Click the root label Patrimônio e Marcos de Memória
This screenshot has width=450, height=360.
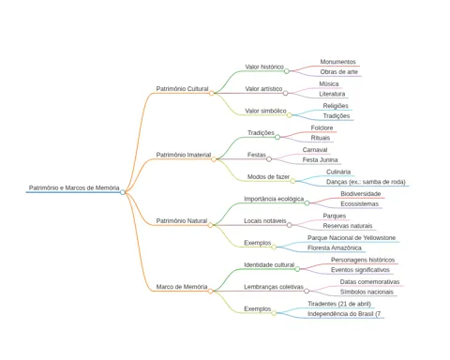point(74,187)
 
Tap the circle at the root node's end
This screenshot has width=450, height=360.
point(123,192)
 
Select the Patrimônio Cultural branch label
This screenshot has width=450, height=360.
point(182,89)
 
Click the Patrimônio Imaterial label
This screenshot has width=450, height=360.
point(184,155)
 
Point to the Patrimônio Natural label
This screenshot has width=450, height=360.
point(182,221)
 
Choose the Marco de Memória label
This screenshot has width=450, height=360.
point(182,287)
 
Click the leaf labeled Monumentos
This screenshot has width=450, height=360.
point(337,62)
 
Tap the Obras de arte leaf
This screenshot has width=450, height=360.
point(338,72)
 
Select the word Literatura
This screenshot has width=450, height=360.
point(332,94)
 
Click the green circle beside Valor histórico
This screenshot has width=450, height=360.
point(287,71)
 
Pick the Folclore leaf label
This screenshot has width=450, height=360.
point(322,127)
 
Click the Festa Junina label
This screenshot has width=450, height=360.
point(320,160)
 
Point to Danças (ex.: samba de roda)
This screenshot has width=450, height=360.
point(366,182)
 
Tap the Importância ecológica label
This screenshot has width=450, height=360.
point(274,199)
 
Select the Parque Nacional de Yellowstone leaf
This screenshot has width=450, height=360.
point(352,238)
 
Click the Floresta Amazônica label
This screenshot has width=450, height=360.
point(335,247)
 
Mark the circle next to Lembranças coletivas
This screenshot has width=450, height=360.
point(307,291)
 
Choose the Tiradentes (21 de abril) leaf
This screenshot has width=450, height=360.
point(339,304)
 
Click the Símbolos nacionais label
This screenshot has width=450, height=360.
point(367,292)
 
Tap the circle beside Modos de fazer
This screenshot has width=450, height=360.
point(292,181)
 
